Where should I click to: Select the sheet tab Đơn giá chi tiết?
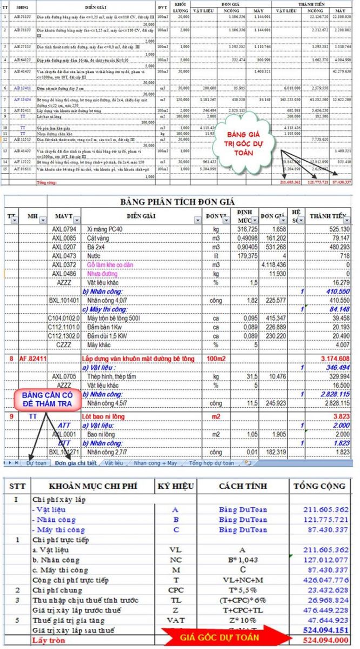click(x=76, y=463)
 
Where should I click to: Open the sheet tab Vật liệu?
click(x=114, y=463)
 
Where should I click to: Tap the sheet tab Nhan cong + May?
click(x=156, y=463)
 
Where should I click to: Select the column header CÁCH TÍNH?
click(x=243, y=485)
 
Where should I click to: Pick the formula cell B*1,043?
click(x=243, y=560)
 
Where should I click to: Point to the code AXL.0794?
click(x=64, y=229)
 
